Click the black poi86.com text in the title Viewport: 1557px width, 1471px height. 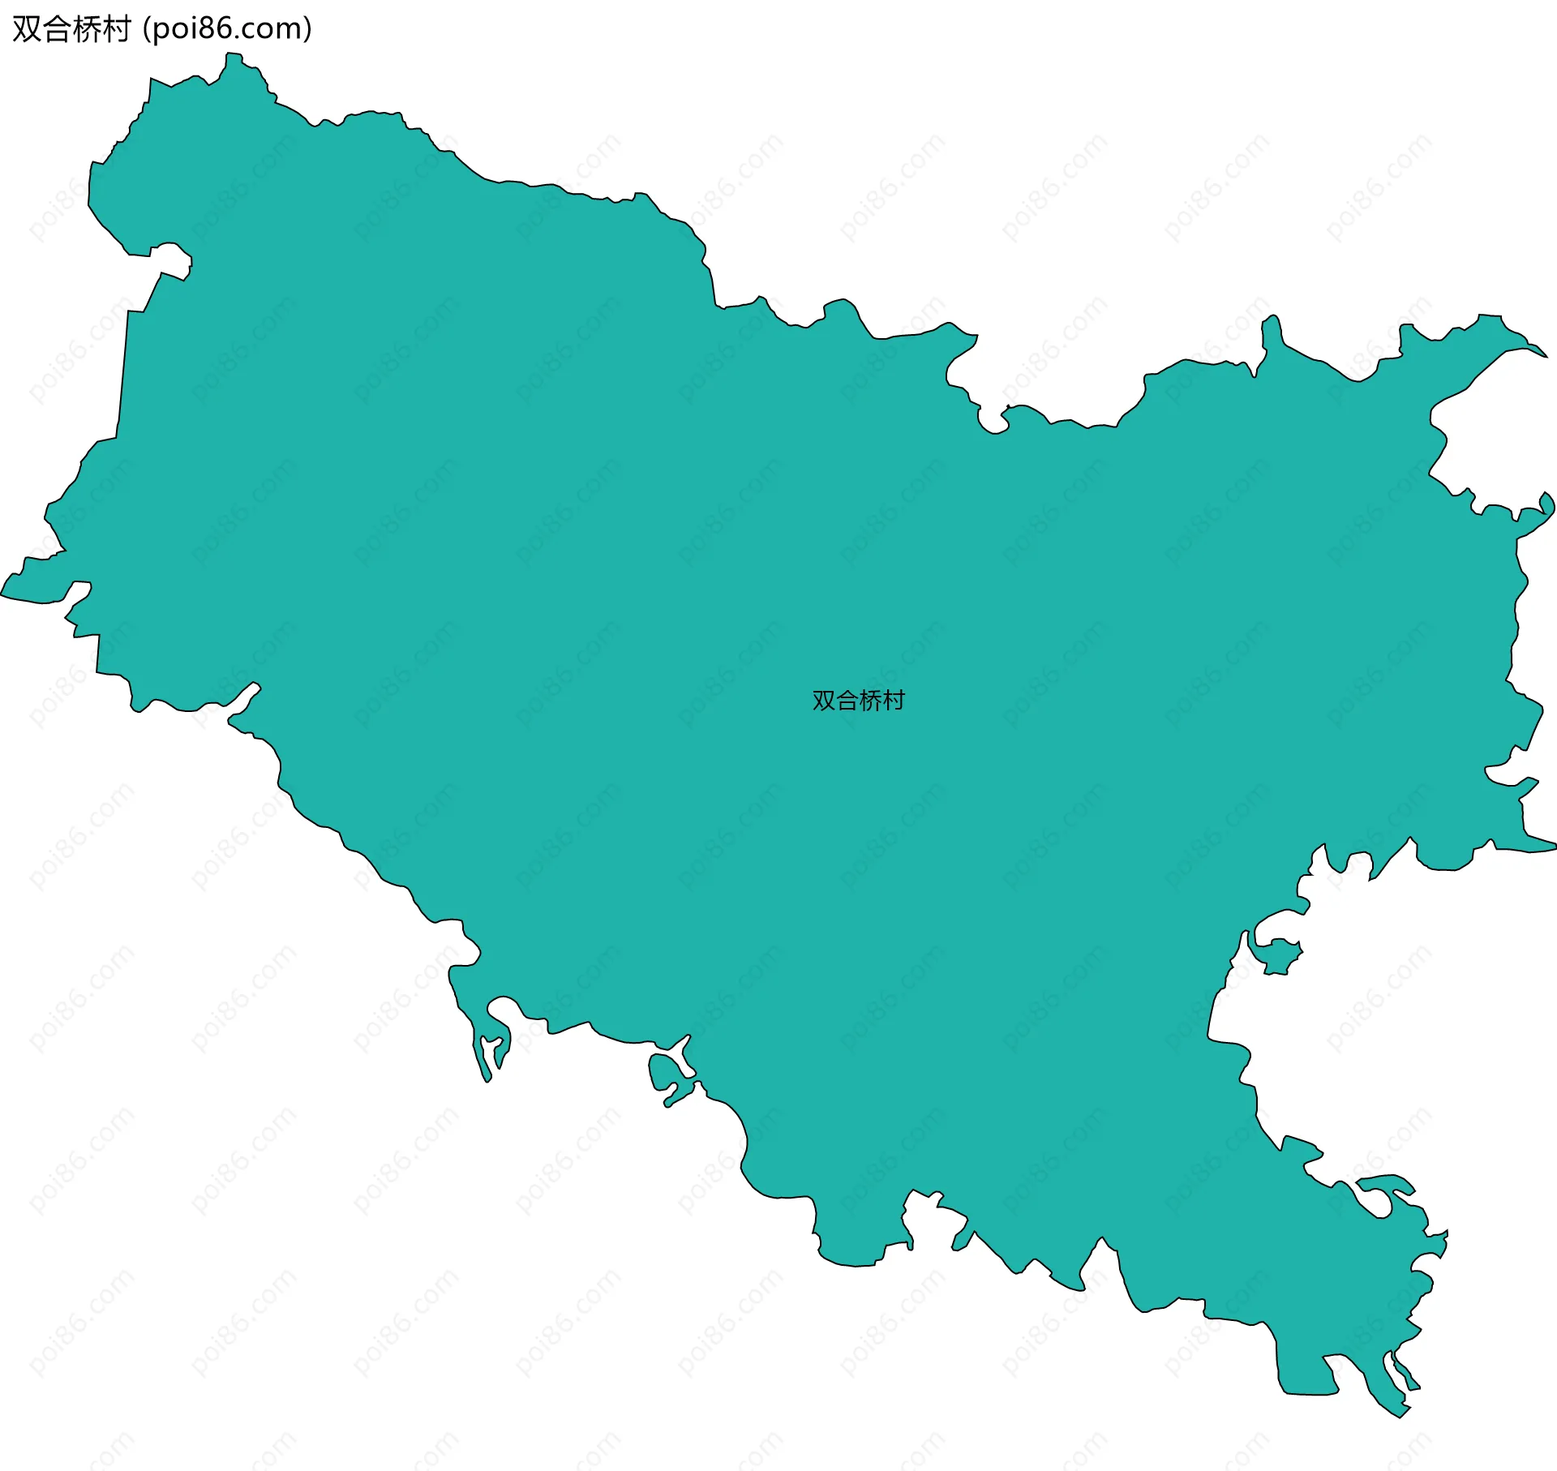(226, 29)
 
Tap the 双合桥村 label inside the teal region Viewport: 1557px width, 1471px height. (858, 700)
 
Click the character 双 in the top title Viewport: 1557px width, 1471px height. (27, 30)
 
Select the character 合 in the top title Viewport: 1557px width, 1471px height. (57, 30)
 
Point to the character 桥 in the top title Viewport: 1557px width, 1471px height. (86, 30)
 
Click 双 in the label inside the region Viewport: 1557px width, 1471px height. (824, 700)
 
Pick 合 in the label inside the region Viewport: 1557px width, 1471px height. (847, 700)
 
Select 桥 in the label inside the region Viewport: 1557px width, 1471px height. (870, 700)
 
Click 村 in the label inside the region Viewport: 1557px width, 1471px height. (893, 700)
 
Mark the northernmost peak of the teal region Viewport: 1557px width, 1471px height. (233, 55)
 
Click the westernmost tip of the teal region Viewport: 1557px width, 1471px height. (3, 596)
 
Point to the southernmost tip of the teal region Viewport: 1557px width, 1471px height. (1400, 1416)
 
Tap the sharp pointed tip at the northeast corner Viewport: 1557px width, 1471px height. (1545, 355)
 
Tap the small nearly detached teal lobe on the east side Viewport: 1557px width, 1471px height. (1278, 958)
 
